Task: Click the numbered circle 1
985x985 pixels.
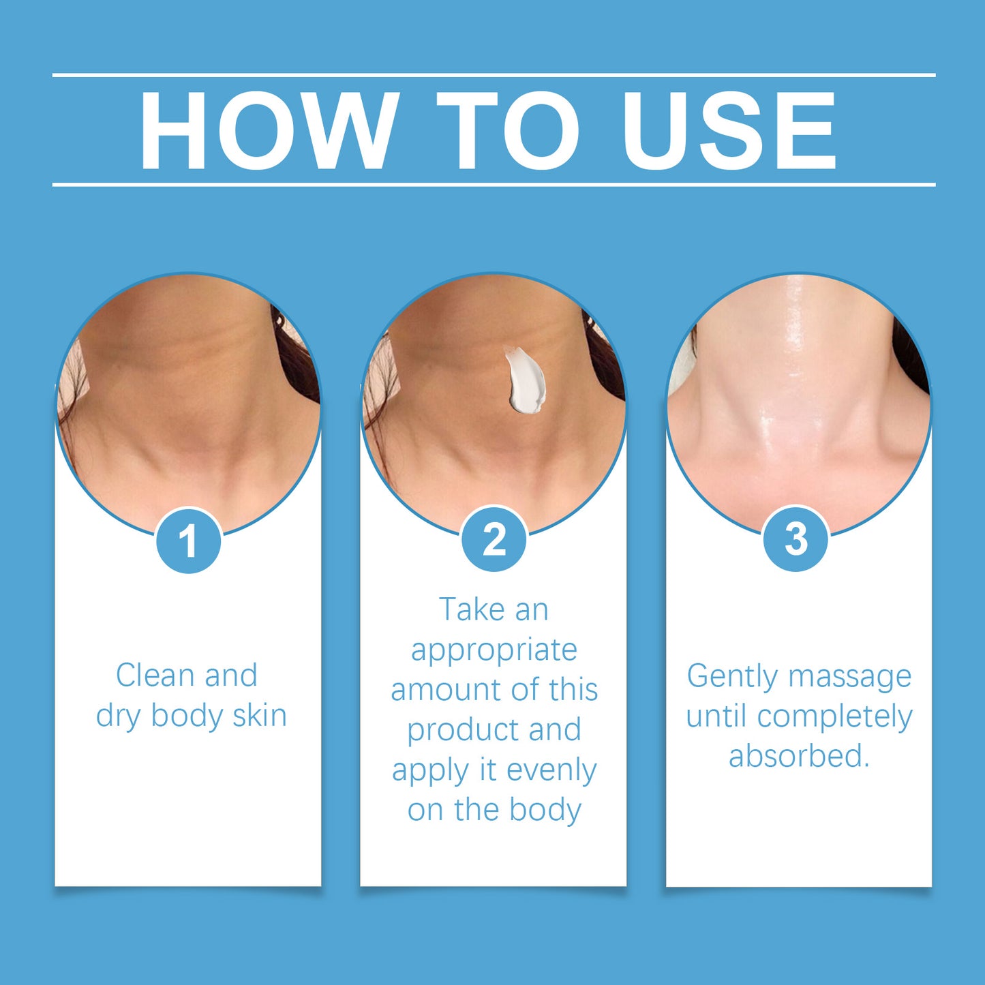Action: tap(188, 541)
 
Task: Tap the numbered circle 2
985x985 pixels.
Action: tap(494, 540)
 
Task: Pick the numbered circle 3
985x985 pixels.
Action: tap(795, 539)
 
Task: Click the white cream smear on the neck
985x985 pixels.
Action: tap(525, 382)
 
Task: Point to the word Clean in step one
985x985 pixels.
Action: tap(155, 676)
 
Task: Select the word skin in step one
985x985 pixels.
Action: tap(259, 716)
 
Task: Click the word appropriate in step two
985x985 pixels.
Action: tap(494, 650)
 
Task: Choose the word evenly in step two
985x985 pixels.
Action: tap(551, 770)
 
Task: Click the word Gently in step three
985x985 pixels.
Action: tap(732, 677)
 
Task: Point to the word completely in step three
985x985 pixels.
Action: tap(834, 717)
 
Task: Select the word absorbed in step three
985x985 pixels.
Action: tap(794, 756)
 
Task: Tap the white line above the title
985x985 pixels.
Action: tap(494, 74)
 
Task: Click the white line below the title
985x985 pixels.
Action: tap(494, 184)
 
